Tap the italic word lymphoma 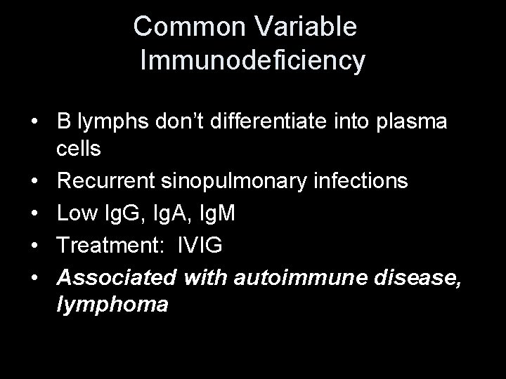[112, 306]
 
